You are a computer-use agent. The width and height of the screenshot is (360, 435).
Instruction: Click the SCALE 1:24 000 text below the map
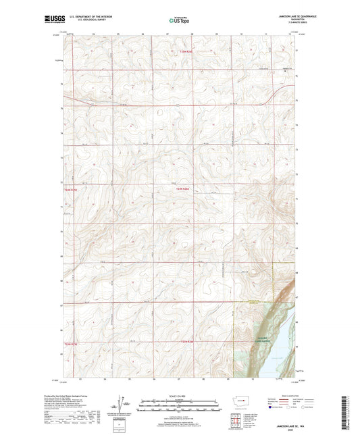[180, 396]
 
